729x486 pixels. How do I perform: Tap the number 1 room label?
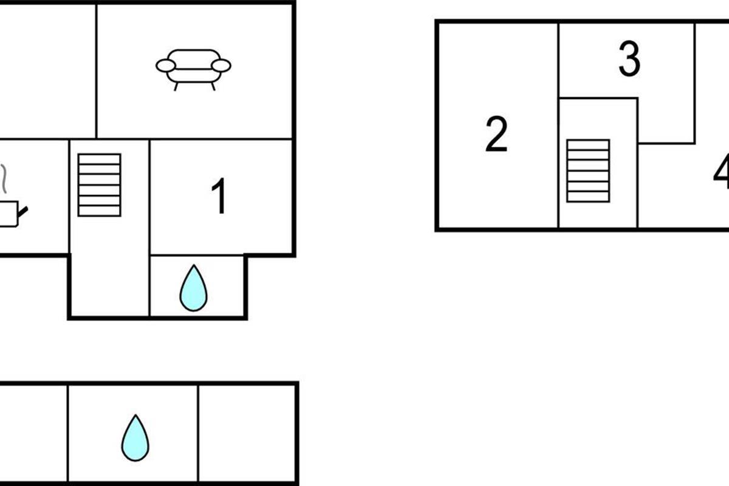click(219, 197)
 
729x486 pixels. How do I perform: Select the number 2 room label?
click(496, 135)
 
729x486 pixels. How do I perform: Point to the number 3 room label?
click(629, 60)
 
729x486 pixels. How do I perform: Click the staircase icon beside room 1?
click(100, 185)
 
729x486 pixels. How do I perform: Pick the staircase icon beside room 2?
click(588, 171)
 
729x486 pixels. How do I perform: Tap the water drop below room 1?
click(193, 288)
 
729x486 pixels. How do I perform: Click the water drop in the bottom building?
click(135, 438)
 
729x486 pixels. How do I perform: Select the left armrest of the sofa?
click(165, 66)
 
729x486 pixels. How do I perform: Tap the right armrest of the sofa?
click(222, 66)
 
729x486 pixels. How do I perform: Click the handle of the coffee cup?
click(22, 212)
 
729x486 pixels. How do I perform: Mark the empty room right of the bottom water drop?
click(247, 433)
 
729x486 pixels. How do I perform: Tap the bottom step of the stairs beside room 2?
click(588, 197)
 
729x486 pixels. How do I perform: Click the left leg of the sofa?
click(176, 86)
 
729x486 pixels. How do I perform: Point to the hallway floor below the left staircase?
click(109, 267)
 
